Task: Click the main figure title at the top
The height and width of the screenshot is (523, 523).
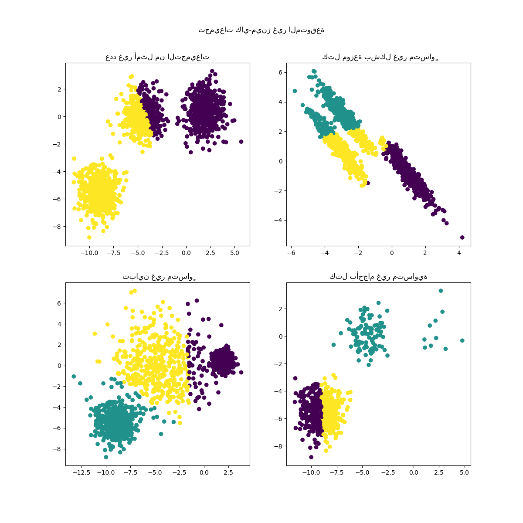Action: click(x=261, y=30)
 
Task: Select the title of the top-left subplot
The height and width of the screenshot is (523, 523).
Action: click(x=157, y=57)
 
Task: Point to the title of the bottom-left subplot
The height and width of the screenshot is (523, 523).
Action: click(x=157, y=276)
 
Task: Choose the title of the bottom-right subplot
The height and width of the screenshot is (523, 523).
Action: click(x=378, y=276)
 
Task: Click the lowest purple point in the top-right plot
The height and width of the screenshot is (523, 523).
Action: click(x=462, y=238)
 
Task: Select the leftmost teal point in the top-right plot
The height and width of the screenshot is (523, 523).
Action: click(x=295, y=91)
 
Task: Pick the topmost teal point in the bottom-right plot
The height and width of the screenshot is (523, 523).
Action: click(x=441, y=291)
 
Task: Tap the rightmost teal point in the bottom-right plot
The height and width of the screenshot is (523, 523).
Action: click(x=462, y=340)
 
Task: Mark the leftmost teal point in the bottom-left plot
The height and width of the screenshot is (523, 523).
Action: click(x=74, y=376)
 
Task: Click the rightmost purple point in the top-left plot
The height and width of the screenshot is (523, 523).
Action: click(x=241, y=142)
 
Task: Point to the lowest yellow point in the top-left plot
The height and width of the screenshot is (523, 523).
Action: click(x=89, y=238)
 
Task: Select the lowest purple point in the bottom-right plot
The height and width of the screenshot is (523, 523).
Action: click(x=311, y=457)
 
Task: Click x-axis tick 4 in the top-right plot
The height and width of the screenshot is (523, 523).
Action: click(x=459, y=252)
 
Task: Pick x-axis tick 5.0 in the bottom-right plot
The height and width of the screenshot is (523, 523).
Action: click(x=465, y=472)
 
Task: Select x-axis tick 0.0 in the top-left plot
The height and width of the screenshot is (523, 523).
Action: click(x=186, y=252)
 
